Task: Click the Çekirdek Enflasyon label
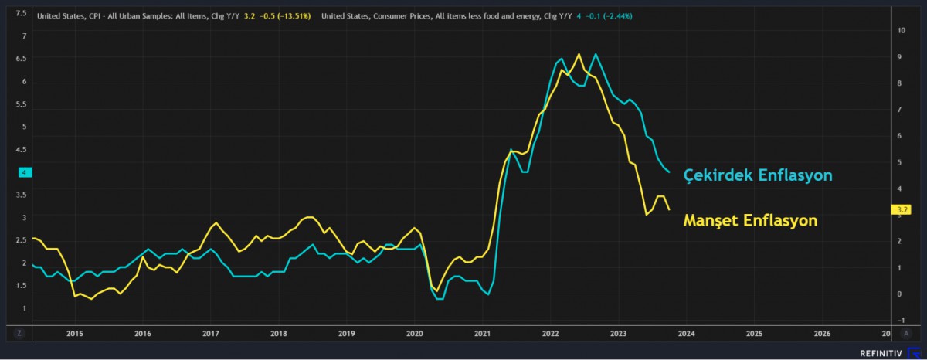point(758,175)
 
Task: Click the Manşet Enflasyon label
point(750,221)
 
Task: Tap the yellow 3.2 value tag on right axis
point(900,209)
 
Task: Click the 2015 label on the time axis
point(74,334)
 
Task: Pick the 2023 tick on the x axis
point(618,334)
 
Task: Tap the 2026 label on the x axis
point(822,334)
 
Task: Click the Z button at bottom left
point(20,334)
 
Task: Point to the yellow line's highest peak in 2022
point(579,54)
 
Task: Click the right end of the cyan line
point(669,172)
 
